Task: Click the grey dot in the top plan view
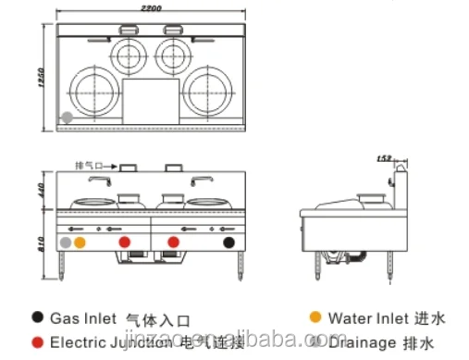pos(67,118)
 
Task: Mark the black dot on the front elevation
pos(228,242)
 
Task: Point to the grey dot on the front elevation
pos(65,242)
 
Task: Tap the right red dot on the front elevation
pos(171,242)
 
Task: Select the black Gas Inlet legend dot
pos(37,317)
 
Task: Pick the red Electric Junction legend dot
pos(37,341)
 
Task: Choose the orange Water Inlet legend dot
pos(315,317)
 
